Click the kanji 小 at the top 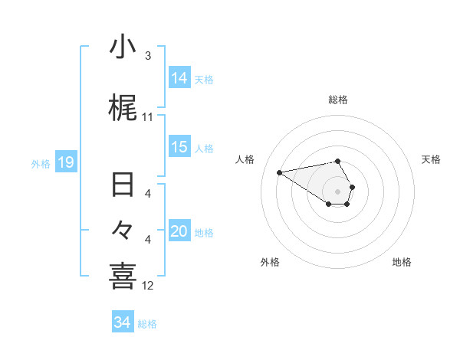click(123, 47)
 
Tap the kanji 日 click(123, 185)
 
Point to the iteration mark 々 click(123, 230)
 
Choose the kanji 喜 click(123, 276)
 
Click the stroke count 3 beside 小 click(148, 56)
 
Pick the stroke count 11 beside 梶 click(148, 117)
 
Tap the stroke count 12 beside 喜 click(148, 286)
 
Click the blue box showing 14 click(179, 77)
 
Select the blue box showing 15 click(179, 147)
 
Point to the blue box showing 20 click(179, 231)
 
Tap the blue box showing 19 click(66, 162)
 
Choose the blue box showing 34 click(123, 322)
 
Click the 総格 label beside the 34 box click(147, 324)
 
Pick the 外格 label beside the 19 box click(41, 163)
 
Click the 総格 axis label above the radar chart click(338, 100)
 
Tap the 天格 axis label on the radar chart click(432, 159)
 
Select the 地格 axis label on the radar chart click(402, 262)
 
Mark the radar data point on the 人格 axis click(280, 172)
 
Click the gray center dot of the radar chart click(338, 191)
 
